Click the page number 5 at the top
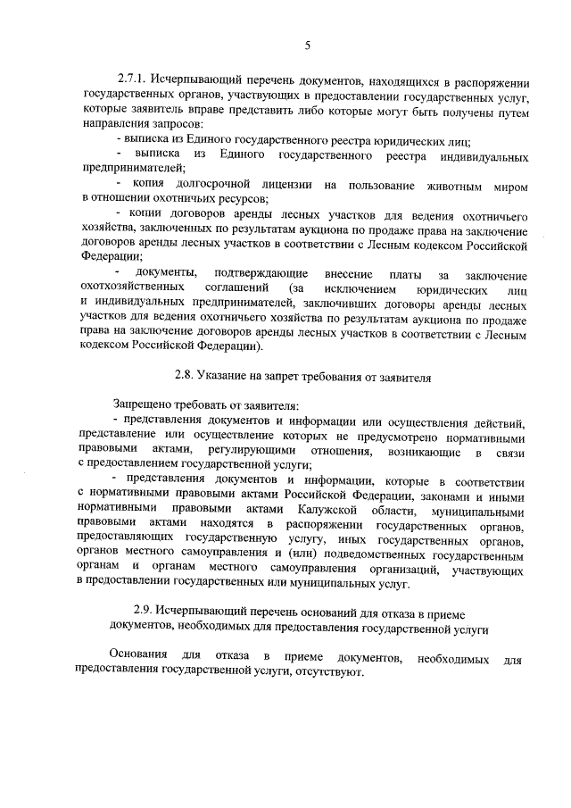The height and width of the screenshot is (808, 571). [307, 45]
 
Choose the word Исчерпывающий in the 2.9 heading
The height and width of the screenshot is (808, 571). [206, 611]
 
